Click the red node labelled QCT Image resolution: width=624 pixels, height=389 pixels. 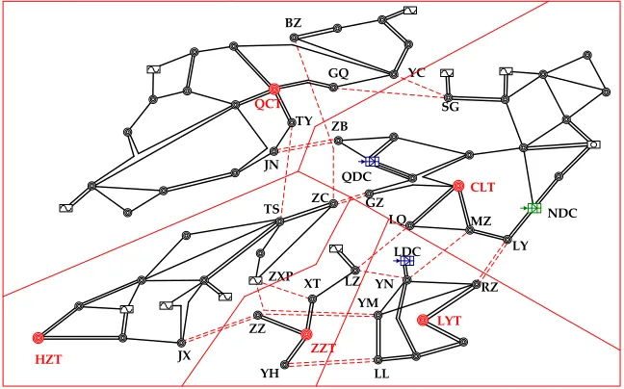tap(274, 89)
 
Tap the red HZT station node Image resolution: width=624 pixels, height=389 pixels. tap(39, 338)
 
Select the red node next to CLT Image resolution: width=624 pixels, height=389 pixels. tap(458, 186)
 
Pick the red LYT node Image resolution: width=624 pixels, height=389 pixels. tap(423, 320)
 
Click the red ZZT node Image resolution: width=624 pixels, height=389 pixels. tap(306, 334)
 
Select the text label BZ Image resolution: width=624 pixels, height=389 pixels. tap(294, 23)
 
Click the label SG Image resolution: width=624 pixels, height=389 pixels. tap(450, 107)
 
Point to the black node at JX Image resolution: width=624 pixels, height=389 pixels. tap(181, 342)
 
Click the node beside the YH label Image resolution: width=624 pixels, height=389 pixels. tap(285, 365)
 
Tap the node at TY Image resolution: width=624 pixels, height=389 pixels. tap(292, 122)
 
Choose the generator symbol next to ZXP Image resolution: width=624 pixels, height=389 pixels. tap(255, 281)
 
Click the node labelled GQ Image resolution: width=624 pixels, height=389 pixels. tap(334, 87)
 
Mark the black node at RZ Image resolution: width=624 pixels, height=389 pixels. tap(477, 284)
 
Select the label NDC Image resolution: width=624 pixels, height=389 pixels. tap(562, 214)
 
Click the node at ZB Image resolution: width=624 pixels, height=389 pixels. tap(338, 141)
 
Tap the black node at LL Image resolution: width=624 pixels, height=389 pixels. tap(378, 360)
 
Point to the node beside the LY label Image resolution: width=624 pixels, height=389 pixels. tap(507, 240)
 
